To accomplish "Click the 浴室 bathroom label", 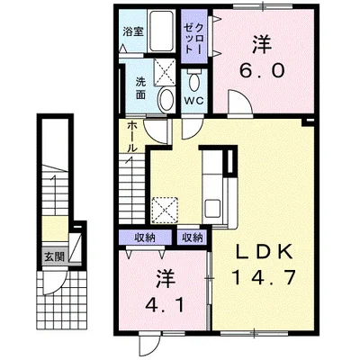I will [133, 31].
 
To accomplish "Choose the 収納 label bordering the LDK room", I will [191, 238].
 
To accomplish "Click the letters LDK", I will [259, 251].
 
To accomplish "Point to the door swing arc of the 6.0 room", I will [238, 106].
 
